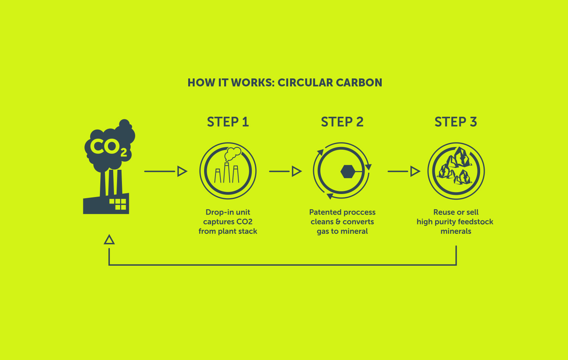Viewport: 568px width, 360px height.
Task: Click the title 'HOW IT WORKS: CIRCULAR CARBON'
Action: click(x=285, y=83)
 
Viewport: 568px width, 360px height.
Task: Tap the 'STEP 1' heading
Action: click(x=228, y=122)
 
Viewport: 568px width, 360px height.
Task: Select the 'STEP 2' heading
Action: click(x=342, y=122)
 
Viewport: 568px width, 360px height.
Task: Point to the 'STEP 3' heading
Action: click(x=456, y=122)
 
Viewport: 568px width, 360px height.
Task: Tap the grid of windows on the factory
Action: click(x=118, y=204)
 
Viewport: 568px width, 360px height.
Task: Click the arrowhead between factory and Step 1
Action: click(x=182, y=171)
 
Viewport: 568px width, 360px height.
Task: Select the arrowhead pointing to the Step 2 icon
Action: click(x=296, y=171)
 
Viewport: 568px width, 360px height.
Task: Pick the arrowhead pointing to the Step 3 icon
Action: click(x=415, y=171)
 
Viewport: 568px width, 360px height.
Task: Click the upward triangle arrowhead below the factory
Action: click(x=109, y=239)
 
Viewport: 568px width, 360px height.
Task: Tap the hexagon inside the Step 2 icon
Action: click(x=348, y=171)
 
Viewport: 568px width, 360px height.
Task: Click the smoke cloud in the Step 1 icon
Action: click(x=233, y=154)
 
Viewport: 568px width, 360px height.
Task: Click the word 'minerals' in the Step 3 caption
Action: click(x=456, y=231)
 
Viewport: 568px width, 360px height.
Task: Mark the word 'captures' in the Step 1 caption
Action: click(x=218, y=222)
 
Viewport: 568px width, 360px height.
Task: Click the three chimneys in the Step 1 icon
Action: click(x=227, y=174)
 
